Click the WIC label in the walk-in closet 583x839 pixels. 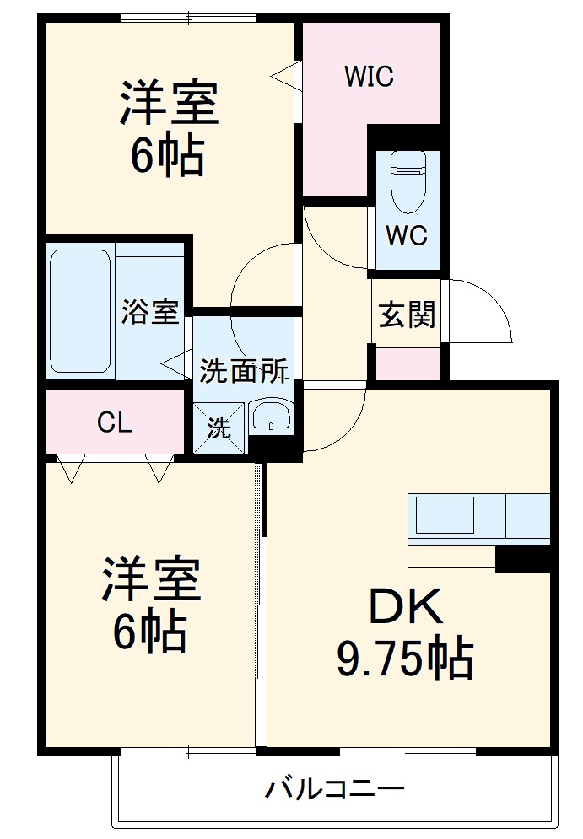(369, 77)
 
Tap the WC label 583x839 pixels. (406, 235)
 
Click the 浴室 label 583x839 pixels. (150, 312)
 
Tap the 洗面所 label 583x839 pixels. (243, 371)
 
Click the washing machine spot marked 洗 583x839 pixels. (219, 428)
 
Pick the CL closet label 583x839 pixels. (114, 422)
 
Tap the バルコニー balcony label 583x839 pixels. (336, 790)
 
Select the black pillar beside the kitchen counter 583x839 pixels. (522, 557)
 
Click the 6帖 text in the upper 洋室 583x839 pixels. (168, 155)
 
